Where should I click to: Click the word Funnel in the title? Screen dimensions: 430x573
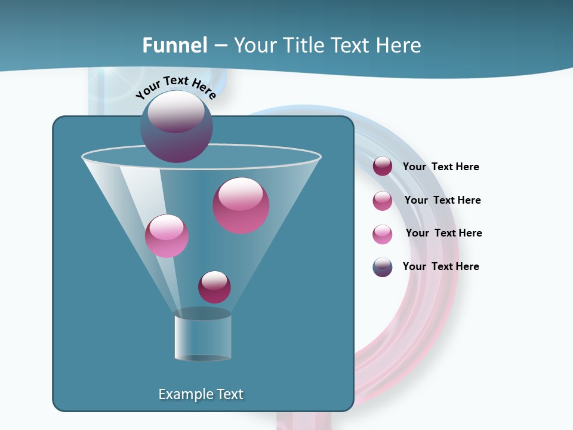(x=175, y=45)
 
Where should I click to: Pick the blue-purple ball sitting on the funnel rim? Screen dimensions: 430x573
(x=176, y=127)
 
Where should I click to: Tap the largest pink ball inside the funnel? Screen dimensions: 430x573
(x=241, y=205)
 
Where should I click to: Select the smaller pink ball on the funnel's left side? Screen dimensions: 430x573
(x=167, y=236)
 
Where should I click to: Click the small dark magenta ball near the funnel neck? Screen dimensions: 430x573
(x=214, y=287)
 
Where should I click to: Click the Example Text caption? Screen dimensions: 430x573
(x=201, y=394)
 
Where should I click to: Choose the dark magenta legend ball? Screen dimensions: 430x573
(x=383, y=167)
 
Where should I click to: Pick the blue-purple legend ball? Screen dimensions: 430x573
(x=383, y=267)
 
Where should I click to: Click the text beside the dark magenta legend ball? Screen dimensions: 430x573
(x=440, y=167)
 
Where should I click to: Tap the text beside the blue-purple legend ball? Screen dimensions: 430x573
(x=440, y=266)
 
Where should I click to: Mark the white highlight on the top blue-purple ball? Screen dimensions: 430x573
(x=176, y=111)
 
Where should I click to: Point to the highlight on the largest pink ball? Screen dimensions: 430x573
(x=241, y=193)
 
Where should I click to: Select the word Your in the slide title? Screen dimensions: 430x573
(x=255, y=45)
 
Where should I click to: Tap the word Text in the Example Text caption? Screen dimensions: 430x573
(x=229, y=394)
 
